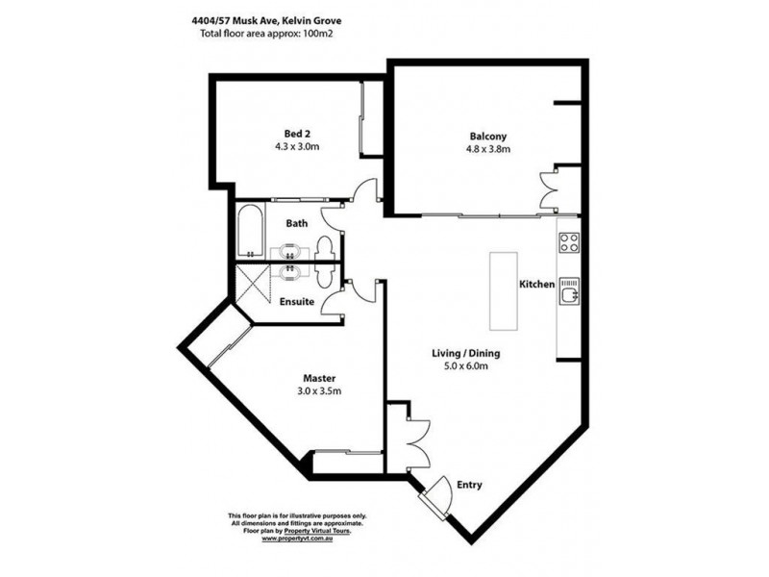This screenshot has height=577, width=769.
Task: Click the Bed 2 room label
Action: tap(297, 134)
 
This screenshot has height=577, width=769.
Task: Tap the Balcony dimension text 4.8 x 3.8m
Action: tap(488, 149)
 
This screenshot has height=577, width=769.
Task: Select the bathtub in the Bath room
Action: tap(251, 231)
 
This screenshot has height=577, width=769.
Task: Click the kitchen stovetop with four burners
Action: tap(568, 242)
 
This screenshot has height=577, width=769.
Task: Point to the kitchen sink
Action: tap(569, 292)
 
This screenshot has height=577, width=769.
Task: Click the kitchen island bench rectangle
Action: tap(503, 291)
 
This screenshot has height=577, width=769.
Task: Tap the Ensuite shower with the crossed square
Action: tap(253, 285)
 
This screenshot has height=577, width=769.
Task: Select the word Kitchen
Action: tap(537, 284)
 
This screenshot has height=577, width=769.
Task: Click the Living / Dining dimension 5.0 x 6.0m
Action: tap(466, 366)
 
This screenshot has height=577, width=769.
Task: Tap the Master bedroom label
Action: tap(319, 378)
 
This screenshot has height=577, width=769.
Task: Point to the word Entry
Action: tap(469, 486)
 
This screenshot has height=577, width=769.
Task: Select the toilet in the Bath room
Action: tap(323, 248)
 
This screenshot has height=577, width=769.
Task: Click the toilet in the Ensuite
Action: tap(323, 276)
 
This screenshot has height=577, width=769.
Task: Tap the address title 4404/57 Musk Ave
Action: tap(230, 21)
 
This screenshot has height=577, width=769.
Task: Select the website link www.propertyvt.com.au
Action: tap(297, 539)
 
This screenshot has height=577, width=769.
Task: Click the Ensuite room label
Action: tap(297, 302)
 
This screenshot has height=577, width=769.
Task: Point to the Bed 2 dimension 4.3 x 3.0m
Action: tap(297, 146)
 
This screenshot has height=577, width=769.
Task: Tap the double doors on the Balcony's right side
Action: tap(547, 190)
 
